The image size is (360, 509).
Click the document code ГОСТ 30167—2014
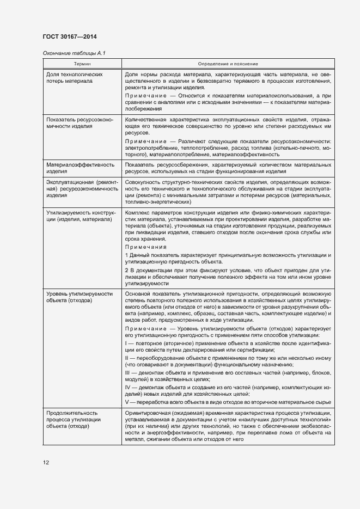[x=70, y=36]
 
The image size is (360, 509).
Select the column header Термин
[x=82, y=64]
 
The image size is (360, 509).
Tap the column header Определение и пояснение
[x=228, y=64]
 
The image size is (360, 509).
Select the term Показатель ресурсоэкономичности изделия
[x=80, y=122]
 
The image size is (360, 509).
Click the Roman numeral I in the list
[x=126, y=345]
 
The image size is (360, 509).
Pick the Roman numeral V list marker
[x=126, y=402]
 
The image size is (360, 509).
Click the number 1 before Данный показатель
[x=126, y=255]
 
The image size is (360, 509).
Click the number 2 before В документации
[x=126, y=271]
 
